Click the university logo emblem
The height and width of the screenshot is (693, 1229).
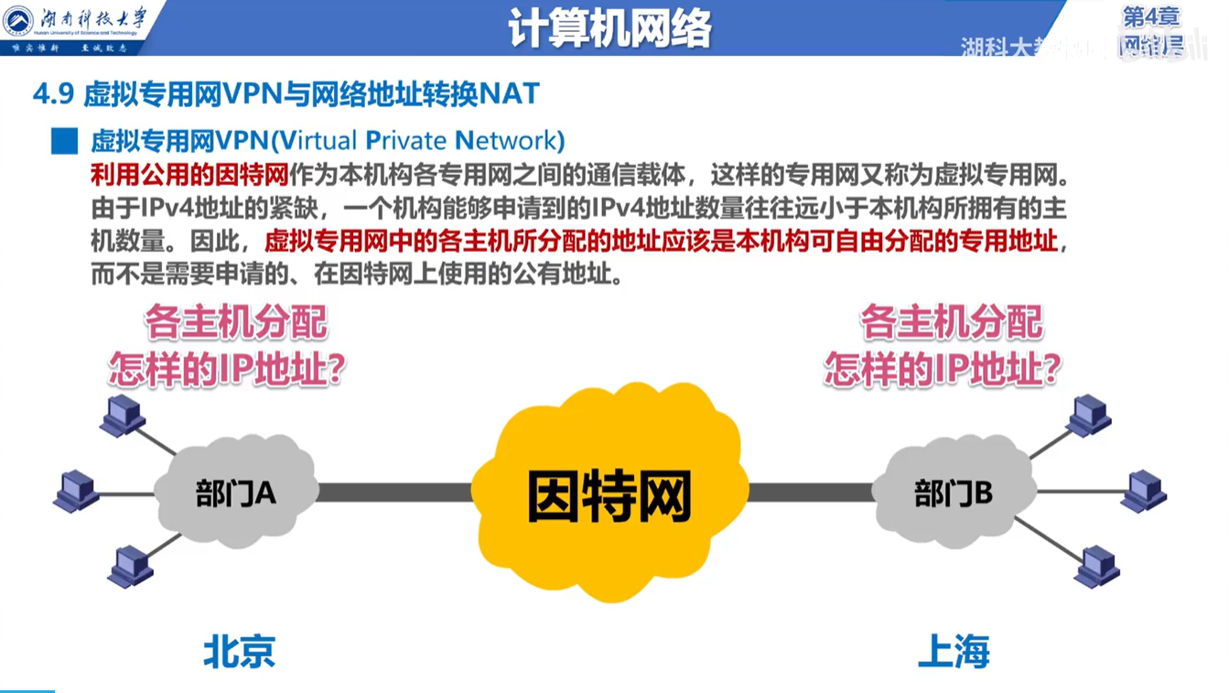(x=18, y=22)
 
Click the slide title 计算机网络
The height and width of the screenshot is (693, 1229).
(x=610, y=29)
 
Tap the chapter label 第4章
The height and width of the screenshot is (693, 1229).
(x=1150, y=16)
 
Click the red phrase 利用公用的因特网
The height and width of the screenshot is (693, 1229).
(x=189, y=173)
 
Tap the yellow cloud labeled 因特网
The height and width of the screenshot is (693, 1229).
(x=609, y=494)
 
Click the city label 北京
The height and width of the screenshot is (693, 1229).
(x=239, y=653)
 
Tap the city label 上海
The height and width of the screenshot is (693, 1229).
(x=954, y=653)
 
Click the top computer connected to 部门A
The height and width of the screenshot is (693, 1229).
(x=123, y=416)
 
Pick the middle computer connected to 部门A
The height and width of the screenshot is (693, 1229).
(x=77, y=492)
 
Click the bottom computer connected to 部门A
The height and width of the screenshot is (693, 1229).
(x=130, y=566)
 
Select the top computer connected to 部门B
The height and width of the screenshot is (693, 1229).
(x=1089, y=415)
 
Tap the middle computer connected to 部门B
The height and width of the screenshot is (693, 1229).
(x=1144, y=492)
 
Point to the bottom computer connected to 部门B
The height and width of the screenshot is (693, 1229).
(x=1096, y=566)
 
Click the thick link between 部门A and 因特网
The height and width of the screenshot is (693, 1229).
(x=393, y=493)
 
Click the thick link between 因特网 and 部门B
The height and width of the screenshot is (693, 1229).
(x=810, y=493)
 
